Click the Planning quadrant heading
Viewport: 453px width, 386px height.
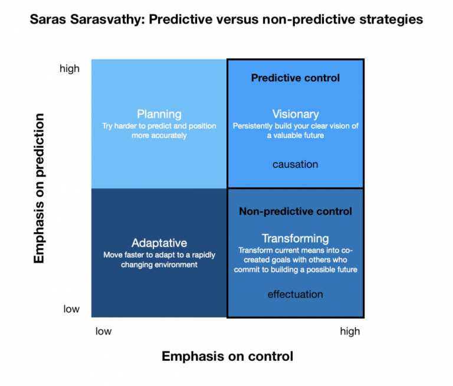(x=159, y=114)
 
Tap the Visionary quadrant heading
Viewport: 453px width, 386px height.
(x=295, y=114)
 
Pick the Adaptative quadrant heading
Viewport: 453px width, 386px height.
(x=159, y=243)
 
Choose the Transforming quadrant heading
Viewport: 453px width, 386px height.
(x=295, y=238)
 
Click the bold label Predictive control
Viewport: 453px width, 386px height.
(x=295, y=78)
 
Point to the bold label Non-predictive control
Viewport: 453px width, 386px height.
(x=295, y=211)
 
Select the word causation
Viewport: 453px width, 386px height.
(x=295, y=164)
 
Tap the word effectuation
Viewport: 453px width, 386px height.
(x=295, y=294)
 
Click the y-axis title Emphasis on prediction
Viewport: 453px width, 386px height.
(x=40, y=189)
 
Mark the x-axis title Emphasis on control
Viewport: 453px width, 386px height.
(x=227, y=356)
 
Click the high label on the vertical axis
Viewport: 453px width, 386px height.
(x=70, y=69)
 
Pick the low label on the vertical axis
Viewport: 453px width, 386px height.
(x=71, y=309)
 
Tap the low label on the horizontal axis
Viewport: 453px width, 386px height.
(x=103, y=331)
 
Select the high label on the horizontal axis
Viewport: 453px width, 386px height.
(x=349, y=331)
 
